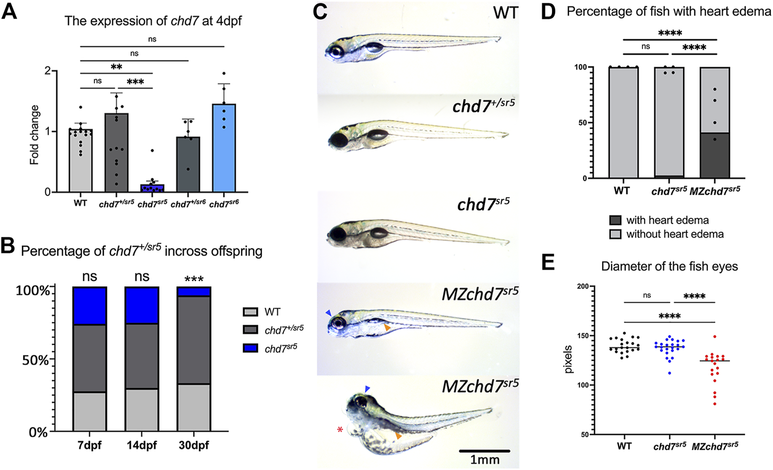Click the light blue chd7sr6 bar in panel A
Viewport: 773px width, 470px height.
click(224, 150)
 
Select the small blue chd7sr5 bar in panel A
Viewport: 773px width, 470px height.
click(153, 188)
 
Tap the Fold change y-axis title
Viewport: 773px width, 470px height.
click(34, 135)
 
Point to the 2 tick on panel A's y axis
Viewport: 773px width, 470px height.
click(48, 71)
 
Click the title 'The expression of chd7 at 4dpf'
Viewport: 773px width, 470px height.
click(153, 21)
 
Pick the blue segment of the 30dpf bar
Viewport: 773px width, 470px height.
click(194, 291)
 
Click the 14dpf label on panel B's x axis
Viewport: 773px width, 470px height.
click(141, 446)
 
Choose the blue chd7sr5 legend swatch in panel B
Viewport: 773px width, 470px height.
click(251, 348)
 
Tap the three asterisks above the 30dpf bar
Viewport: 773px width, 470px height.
click(194, 279)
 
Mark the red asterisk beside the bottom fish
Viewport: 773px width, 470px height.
click(339, 430)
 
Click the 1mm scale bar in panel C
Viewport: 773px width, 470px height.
click(484, 451)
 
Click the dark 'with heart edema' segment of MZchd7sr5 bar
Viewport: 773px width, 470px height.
click(715, 155)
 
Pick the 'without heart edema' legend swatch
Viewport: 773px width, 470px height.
click(615, 234)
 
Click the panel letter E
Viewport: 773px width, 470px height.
click(548, 262)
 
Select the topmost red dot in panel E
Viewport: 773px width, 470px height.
click(715, 337)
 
